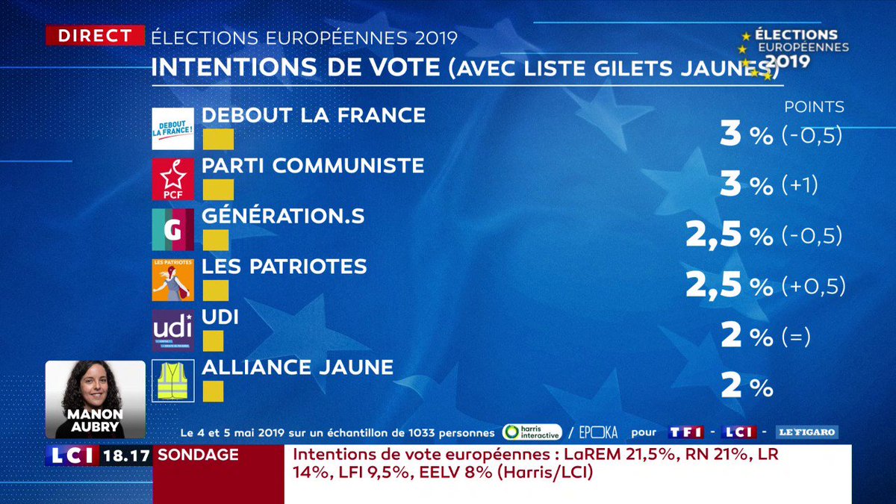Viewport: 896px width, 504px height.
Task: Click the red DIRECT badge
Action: point(95,35)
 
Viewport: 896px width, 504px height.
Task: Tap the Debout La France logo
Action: point(172,128)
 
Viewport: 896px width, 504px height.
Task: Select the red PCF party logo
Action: point(172,179)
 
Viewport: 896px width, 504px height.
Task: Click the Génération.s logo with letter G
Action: point(172,229)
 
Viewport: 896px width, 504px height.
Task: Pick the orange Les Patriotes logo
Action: point(172,280)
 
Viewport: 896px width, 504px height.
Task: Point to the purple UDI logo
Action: point(172,330)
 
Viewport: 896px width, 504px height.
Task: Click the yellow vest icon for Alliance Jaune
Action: point(172,381)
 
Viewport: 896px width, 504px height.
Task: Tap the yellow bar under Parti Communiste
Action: point(218,190)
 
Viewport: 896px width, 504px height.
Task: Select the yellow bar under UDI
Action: point(213,341)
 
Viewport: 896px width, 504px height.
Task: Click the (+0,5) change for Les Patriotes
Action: point(813,287)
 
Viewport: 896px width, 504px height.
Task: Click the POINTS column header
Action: point(814,107)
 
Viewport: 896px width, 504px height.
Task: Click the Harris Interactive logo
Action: point(532,432)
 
